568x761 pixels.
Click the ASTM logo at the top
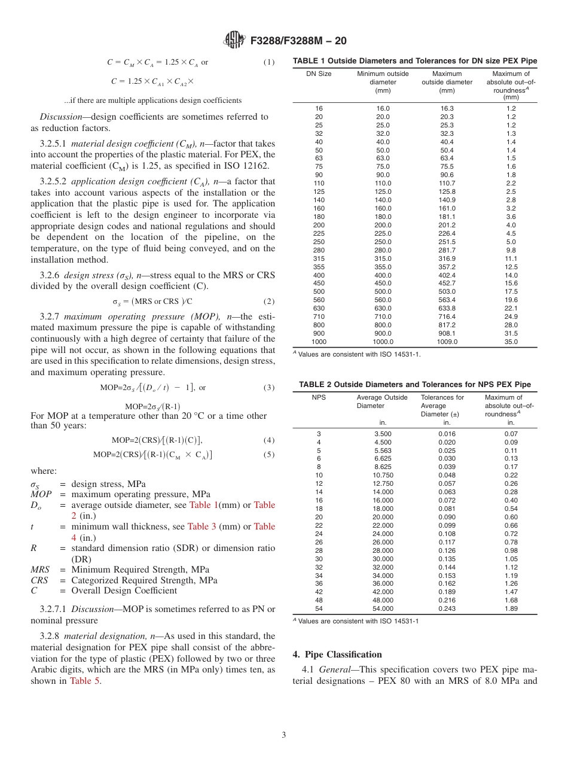[233, 40]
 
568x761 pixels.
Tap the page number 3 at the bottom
[283, 735]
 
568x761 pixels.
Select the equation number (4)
[269, 440]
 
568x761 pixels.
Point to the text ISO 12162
[246, 166]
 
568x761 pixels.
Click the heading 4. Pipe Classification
[337, 654]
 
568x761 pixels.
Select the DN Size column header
[319, 74]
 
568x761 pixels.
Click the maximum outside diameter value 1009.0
[447, 342]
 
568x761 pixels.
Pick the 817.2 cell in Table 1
[447, 325]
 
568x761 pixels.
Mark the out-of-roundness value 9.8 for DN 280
[511, 250]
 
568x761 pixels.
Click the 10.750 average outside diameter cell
[383, 476]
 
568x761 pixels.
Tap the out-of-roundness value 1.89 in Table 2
[511, 608]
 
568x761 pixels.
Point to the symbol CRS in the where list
[39, 580]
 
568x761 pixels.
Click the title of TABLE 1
[414, 61]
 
